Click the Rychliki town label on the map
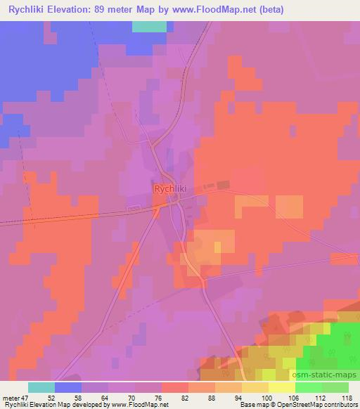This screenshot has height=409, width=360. [169, 188]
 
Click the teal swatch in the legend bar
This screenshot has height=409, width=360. [41, 387]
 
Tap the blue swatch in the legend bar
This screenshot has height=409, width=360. [68, 387]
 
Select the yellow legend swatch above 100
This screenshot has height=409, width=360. [282, 387]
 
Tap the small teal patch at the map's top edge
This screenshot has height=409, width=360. [149, 27]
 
